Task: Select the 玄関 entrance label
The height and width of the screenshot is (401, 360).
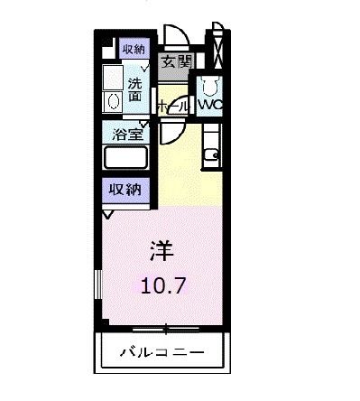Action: click(x=176, y=61)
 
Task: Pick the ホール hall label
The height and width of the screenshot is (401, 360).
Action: click(x=174, y=106)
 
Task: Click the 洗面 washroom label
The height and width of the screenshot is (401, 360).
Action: click(x=136, y=85)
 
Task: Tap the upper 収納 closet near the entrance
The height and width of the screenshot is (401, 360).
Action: click(x=133, y=49)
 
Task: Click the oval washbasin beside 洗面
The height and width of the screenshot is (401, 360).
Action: click(x=113, y=101)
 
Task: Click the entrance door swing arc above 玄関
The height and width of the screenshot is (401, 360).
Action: click(x=180, y=38)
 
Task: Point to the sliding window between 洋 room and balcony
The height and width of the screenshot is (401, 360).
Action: click(x=162, y=326)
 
